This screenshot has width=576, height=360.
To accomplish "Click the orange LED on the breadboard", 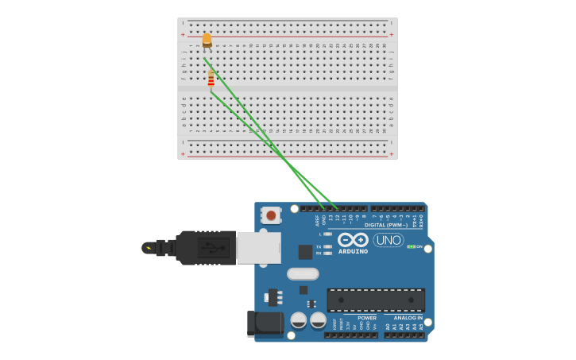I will tap(207, 39).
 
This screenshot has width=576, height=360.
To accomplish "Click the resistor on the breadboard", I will tap(211, 79).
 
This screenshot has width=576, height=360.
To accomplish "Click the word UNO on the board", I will tap(389, 240).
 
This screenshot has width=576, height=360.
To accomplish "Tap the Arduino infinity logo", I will tap(353, 239).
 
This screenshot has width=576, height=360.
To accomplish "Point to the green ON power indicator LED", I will tap(411, 246).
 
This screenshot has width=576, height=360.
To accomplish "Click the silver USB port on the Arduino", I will tap(258, 247).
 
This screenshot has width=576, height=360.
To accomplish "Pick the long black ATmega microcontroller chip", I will tap(376, 300).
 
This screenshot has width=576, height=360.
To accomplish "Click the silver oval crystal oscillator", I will tap(303, 274).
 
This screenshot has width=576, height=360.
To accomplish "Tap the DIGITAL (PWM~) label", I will tap(385, 225).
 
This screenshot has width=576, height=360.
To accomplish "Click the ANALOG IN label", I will tap(408, 318).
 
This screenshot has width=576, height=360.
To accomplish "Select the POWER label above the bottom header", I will tap(367, 318).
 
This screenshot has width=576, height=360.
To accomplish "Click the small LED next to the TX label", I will tap(328, 246).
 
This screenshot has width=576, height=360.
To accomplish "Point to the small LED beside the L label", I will tap(328, 234).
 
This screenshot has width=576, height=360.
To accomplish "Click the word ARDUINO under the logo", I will tap(353, 251).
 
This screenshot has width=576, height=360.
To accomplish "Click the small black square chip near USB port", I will tap(305, 252).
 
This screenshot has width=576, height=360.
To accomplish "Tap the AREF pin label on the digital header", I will tap(317, 219).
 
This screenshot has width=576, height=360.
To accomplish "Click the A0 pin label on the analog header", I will tap(388, 326).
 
